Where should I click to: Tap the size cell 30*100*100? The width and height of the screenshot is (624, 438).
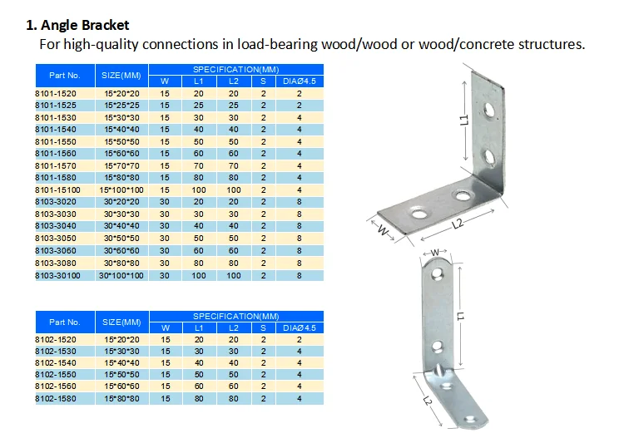click(121, 274)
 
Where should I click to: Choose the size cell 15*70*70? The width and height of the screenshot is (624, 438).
click(121, 165)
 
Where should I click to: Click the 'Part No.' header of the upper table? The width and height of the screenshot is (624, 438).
click(65, 76)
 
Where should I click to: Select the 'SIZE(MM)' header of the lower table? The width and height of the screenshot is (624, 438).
click(121, 322)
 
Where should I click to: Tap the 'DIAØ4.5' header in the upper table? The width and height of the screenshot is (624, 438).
click(300, 81)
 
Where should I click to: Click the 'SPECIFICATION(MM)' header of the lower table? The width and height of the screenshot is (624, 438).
click(236, 316)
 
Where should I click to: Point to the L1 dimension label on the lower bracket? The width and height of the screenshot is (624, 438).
click(462, 315)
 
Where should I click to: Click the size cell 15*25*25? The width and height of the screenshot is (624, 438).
click(121, 106)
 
